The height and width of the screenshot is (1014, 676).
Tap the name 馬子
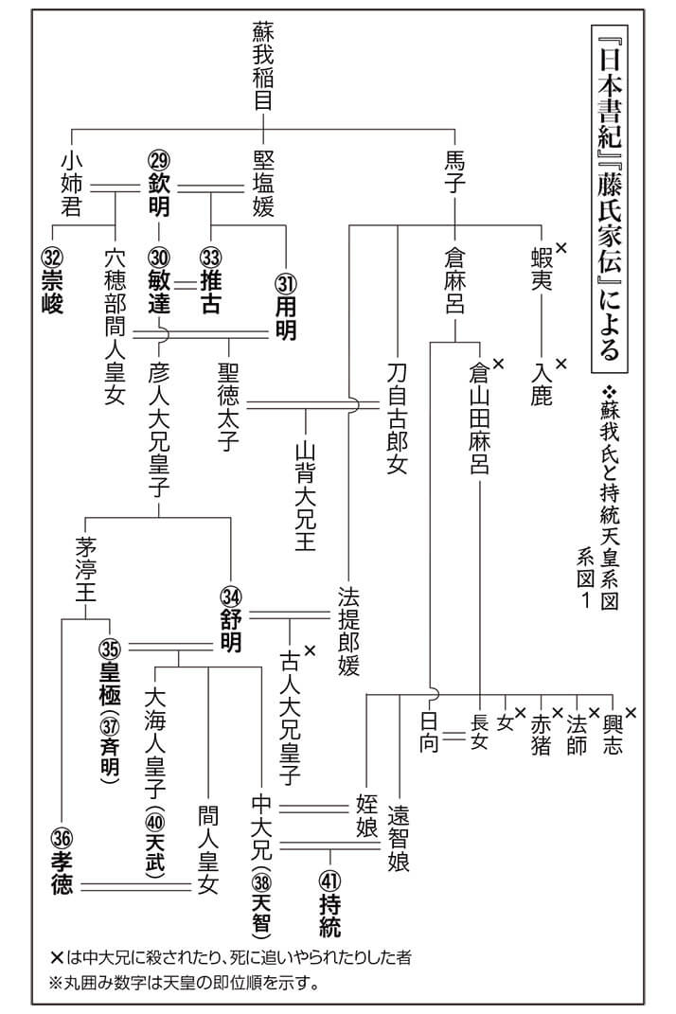[x=454, y=170]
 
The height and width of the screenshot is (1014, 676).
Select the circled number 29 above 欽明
[x=158, y=160]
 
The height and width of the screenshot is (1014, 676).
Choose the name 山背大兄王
[x=305, y=496]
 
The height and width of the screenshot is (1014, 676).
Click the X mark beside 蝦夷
[x=560, y=247]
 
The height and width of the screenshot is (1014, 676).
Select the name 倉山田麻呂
[x=479, y=419]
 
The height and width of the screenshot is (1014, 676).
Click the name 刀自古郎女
[x=397, y=418]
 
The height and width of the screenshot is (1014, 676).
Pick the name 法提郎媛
[x=348, y=632]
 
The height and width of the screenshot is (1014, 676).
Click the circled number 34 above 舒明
[x=231, y=596]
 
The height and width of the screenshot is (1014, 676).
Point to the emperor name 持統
[x=329, y=916]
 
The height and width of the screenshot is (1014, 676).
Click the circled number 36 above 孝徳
[x=62, y=839]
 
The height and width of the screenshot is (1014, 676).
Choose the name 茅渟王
[x=85, y=569]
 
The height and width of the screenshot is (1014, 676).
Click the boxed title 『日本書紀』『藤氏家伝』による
[x=610, y=199]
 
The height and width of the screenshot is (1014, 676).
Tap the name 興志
[x=612, y=735]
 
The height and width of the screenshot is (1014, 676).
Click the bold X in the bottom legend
[x=56, y=957]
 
